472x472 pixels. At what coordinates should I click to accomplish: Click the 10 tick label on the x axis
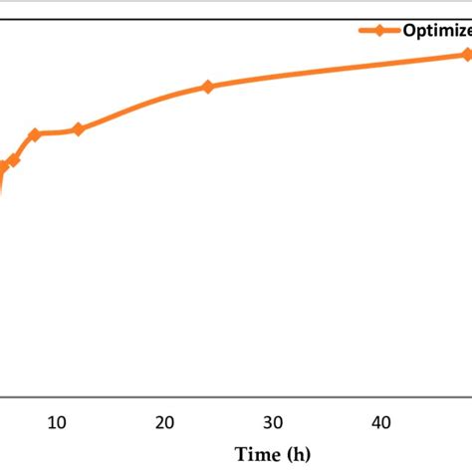coord(57,422)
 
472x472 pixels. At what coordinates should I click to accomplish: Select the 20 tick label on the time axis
coord(165,422)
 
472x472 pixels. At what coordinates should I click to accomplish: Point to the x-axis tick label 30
coord(273,422)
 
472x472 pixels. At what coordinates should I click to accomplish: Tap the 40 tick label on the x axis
coord(380,422)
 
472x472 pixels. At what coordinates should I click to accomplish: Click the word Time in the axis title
coord(253,454)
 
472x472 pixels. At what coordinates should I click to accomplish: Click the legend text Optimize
coord(436,30)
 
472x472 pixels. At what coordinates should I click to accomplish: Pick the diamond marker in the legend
coord(379,30)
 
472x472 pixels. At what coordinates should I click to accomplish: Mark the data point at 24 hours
coord(207,87)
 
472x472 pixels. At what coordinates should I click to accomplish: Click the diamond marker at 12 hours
coord(79,128)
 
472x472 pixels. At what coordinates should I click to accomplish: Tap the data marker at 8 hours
coord(35,134)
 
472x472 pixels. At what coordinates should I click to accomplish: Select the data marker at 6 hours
coord(14,160)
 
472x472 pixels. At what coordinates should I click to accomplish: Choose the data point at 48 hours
coord(466,55)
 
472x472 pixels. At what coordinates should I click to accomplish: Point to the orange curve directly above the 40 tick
coord(380,65)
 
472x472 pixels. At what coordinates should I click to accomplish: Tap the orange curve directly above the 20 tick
coord(165,98)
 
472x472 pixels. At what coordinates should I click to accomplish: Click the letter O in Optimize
coord(409,30)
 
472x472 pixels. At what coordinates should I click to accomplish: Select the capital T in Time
coord(238,454)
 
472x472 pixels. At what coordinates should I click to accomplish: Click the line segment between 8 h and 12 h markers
coord(57,132)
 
